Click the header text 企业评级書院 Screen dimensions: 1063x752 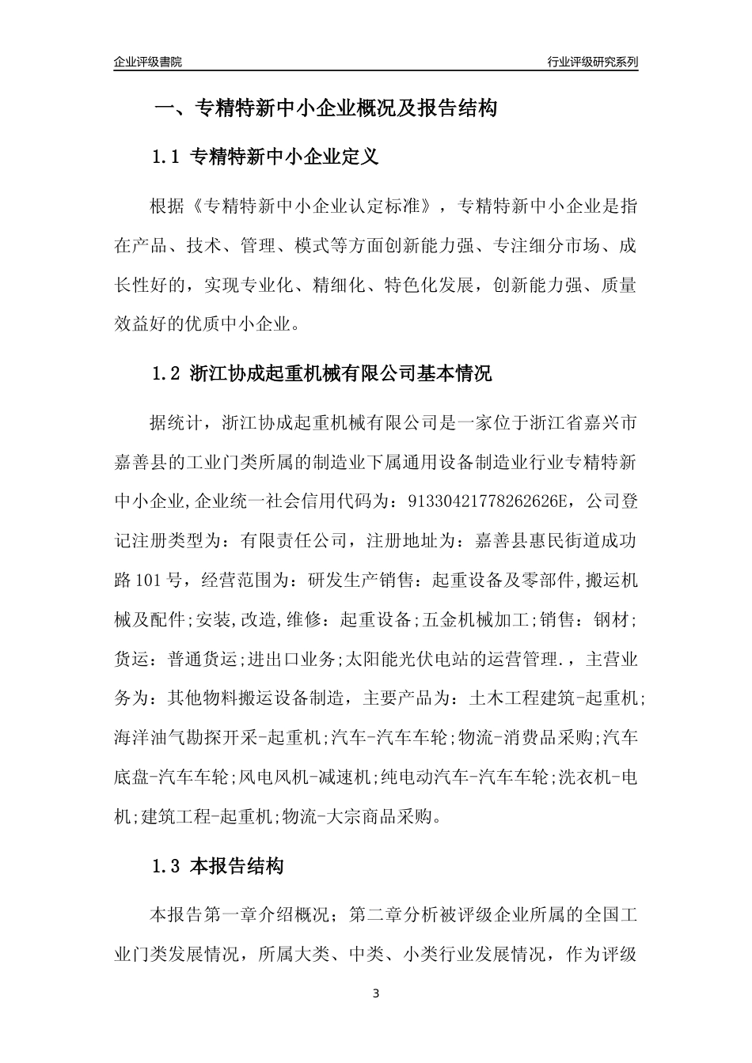point(148,62)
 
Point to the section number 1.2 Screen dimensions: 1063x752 point(167,373)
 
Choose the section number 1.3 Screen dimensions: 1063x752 point(167,866)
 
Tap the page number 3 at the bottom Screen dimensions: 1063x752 point(376,993)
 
